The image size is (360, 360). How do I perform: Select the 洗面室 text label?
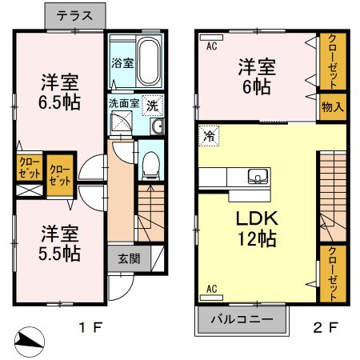[124, 102]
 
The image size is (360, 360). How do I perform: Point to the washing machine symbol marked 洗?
[153, 104]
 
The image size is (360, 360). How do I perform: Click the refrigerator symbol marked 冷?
[209, 136]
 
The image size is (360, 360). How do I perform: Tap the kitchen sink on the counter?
[258, 177]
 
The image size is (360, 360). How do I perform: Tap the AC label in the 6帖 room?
[211, 46]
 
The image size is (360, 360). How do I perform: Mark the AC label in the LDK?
[213, 288]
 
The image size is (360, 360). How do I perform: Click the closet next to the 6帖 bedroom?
[332, 62]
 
